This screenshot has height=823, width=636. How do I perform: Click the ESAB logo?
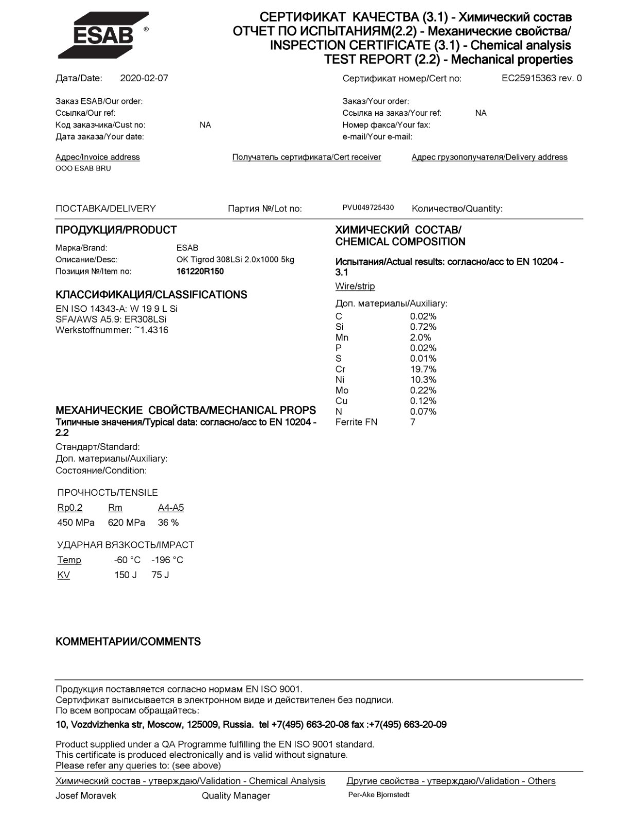(x=103, y=34)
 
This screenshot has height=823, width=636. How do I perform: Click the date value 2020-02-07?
(x=144, y=78)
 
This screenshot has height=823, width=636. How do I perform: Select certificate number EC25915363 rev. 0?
(x=541, y=78)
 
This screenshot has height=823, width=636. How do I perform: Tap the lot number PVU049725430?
(x=368, y=207)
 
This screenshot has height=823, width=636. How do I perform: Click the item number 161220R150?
(x=200, y=272)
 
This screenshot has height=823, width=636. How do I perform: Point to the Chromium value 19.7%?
(x=423, y=369)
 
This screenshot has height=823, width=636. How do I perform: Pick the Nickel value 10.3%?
(x=423, y=380)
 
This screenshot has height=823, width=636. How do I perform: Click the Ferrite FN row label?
(x=356, y=422)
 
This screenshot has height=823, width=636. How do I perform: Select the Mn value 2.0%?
(x=420, y=337)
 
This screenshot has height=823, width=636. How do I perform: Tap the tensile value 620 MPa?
(x=126, y=523)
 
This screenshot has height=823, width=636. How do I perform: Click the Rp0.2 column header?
(x=69, y=508)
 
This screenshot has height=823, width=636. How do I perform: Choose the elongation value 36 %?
(x=168, y=523)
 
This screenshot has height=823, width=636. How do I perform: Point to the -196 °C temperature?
(x=167, y=560)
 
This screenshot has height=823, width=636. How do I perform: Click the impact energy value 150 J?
(x=126, y=575)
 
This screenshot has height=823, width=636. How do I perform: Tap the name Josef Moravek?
(x=85, y=796)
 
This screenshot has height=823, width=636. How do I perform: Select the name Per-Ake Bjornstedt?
(x=379, y=795)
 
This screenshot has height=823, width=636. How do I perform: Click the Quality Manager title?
(x=236, y=796)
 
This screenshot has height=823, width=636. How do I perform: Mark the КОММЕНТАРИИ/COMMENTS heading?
(x=128, y=641)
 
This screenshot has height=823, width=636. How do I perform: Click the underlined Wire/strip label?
(x=355, y=286)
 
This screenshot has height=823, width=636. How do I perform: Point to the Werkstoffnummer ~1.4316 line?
(x=112, y=330)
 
